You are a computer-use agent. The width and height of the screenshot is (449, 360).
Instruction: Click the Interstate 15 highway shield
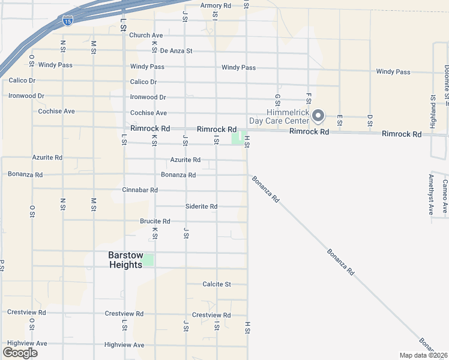(x=68, y=20)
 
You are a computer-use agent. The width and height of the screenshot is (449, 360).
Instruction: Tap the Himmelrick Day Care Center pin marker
(x=319, y=114)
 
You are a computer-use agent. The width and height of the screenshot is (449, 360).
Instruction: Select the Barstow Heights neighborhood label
(x=125, y=260)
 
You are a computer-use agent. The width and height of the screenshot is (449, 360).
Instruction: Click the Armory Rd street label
(x=215, y=5)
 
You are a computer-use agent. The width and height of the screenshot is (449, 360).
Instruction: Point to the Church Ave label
(x=146, y=35)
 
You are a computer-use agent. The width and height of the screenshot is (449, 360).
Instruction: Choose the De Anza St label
(x=176, y=51)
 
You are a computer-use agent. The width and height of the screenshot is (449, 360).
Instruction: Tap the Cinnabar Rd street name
(x=140, y=190)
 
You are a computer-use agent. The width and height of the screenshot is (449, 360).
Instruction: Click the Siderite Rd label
(x=201, y=206)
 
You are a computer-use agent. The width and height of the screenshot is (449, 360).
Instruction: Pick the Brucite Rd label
(x=155, y=221)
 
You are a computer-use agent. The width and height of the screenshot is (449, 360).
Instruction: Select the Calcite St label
(x=217, y=284)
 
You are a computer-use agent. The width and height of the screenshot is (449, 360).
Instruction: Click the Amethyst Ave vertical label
(x=431, y=194)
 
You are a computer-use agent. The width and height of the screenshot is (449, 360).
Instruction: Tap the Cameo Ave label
(x=445, y=197)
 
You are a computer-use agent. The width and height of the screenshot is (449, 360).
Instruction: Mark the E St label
(x=340, y=120)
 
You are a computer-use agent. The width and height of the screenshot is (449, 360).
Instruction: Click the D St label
(x=370, y=120)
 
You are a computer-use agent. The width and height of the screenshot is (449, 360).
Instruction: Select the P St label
(x=2, y=266)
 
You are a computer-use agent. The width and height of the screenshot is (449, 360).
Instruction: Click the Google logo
(x=20, y=353)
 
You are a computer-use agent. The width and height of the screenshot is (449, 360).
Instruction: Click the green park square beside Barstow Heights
(x=148, y=260)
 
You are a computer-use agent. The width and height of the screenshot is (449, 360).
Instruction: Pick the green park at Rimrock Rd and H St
(x=238, y=137)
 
